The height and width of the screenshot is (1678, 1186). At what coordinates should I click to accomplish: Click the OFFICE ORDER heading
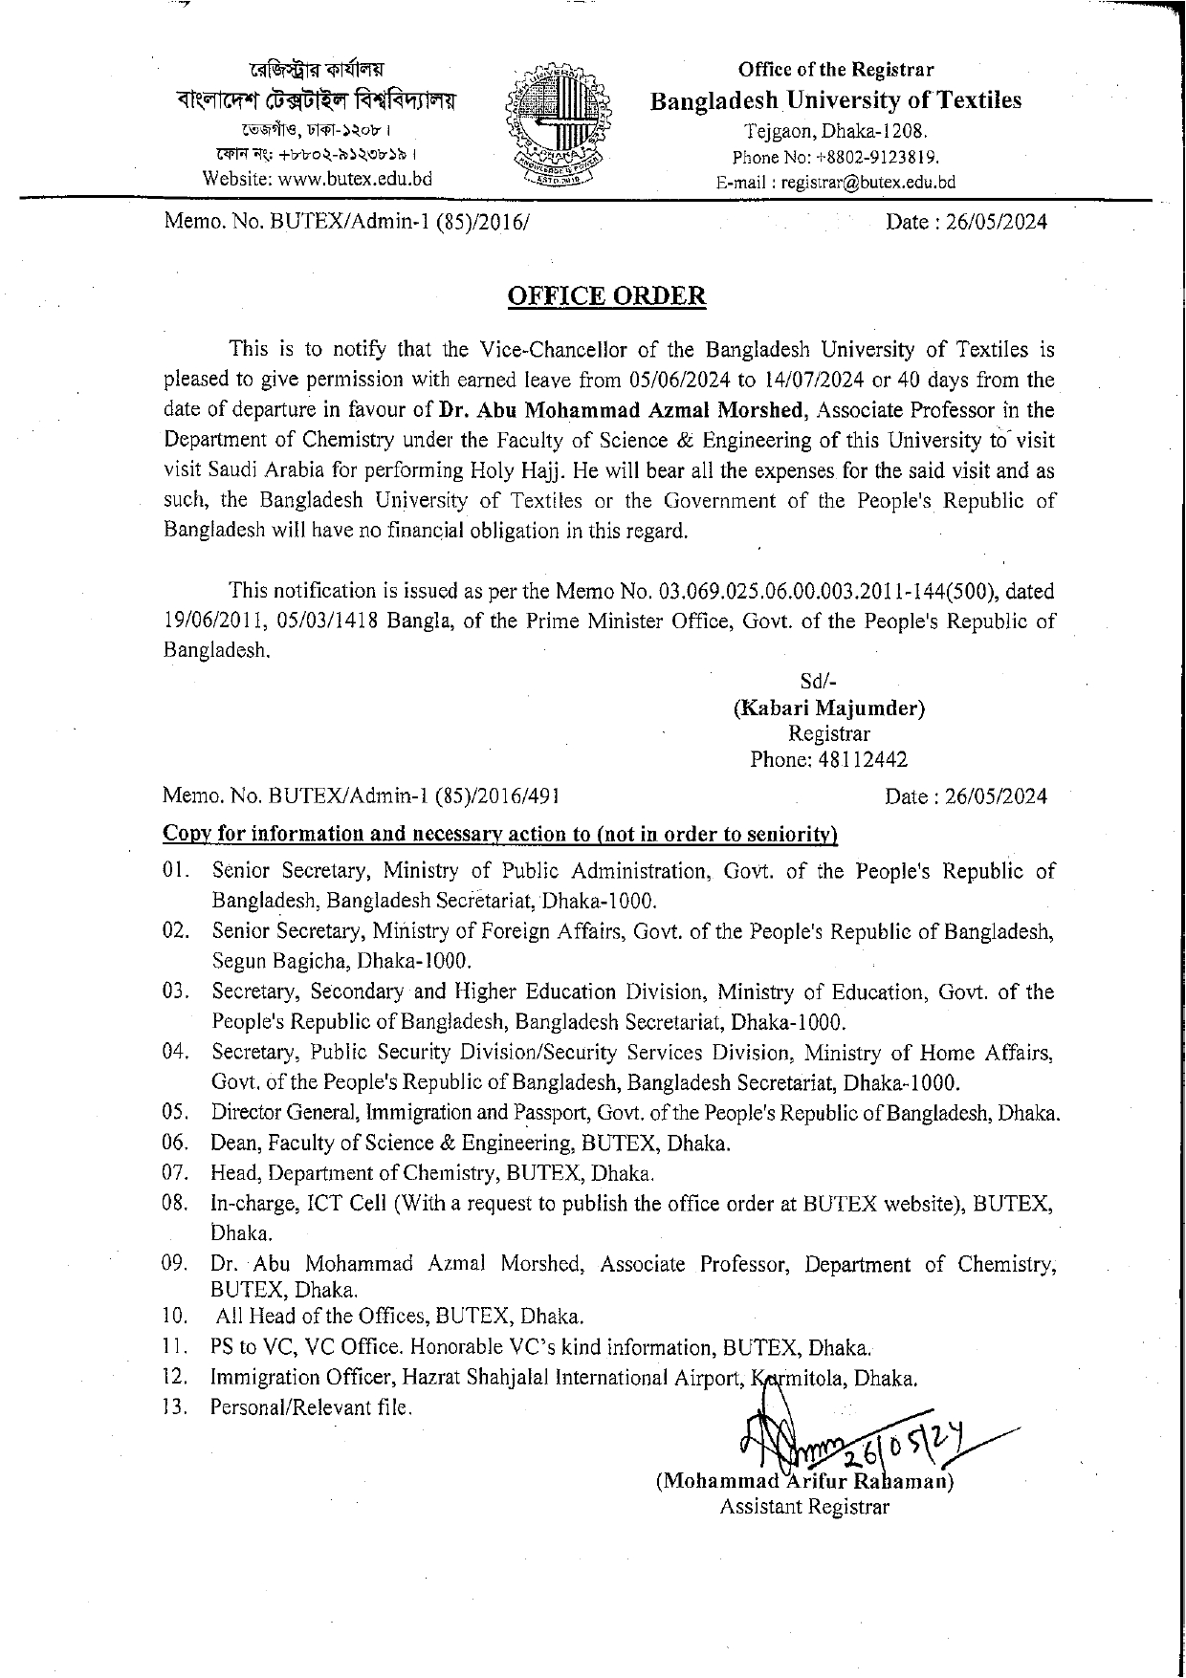(605, 295)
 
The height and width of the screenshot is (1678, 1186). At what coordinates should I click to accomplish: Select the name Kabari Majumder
(828, 708)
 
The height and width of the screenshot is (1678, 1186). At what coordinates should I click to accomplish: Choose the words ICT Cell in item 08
(350, 1204)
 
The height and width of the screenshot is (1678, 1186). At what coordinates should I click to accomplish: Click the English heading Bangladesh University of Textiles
(835, 100)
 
